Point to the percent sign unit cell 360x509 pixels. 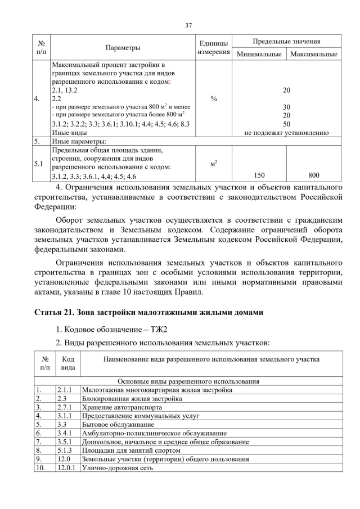pyautogui.click(x=213, y=99)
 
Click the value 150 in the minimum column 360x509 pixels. pyautogui.click(x=259, y=175)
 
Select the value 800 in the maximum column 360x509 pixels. pyautogui.click(x=314, y=175)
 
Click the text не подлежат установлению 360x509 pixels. pyautogui.click(x=286, y=133)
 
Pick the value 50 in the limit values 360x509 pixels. pyautogui.click(x=286, y=124)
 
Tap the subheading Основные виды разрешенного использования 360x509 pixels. pyautogui.click(x=188, y=381)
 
